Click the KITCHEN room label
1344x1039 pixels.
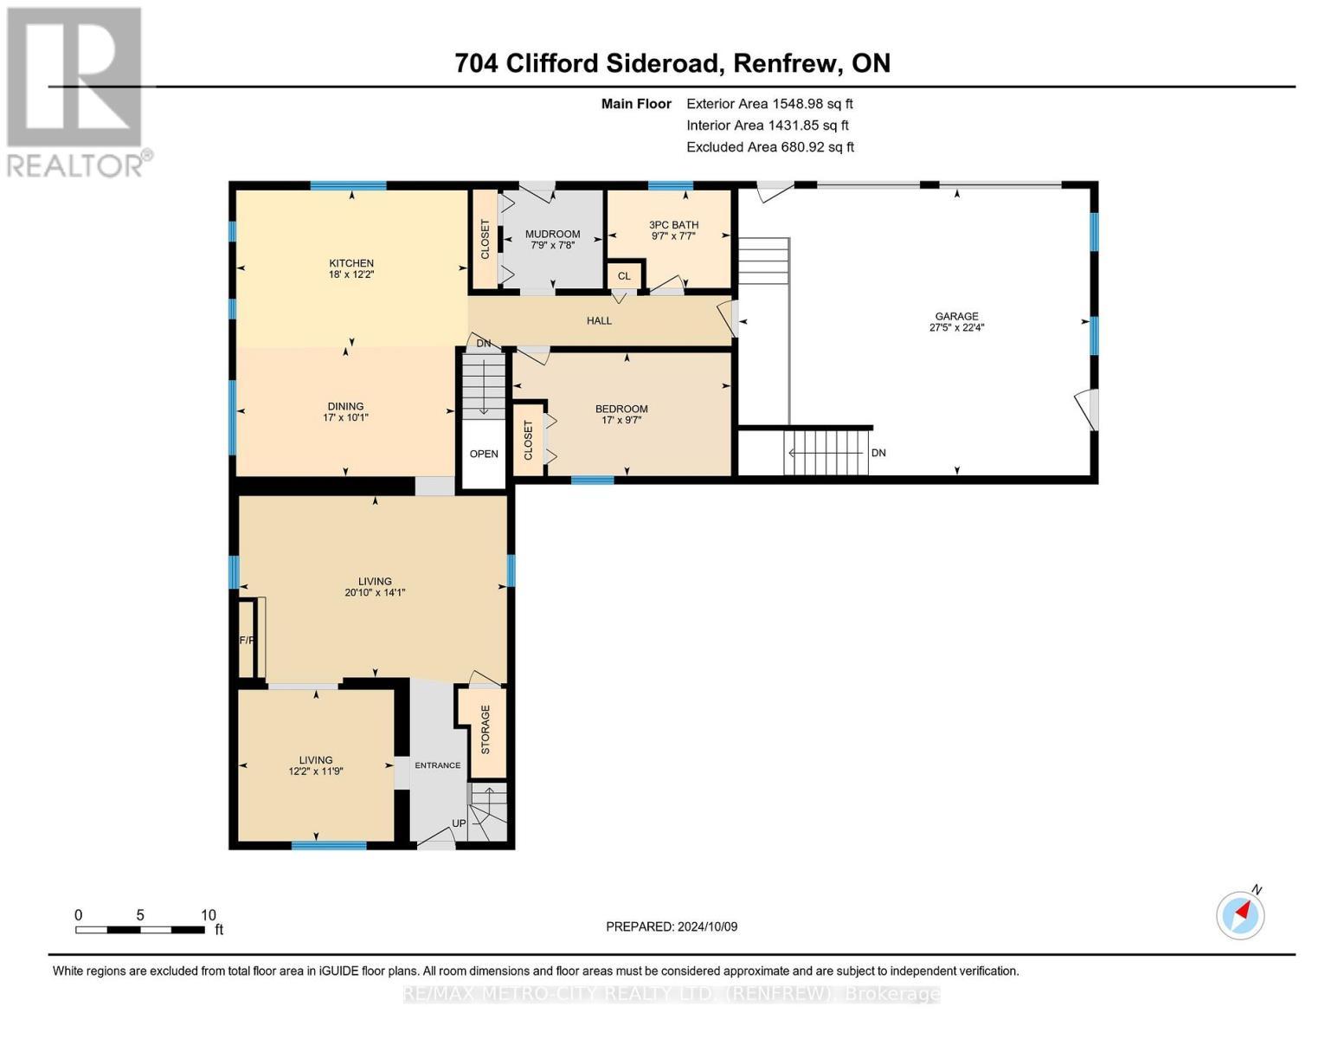click(350, 263)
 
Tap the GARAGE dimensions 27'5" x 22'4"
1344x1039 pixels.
click(956, 328)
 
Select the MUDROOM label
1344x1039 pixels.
click(552, 234)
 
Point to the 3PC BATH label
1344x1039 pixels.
click(673, 224)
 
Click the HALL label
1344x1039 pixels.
click(599, 320)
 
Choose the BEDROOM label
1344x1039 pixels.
click(621, 409)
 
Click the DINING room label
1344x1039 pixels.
click(345, 406)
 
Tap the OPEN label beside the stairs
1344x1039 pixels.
click(484, 454)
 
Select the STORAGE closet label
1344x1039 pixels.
click(486, 729)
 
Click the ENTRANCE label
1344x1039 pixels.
click(437, 765)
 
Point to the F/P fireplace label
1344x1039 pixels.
click(247, 641)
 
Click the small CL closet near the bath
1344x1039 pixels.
click(624, 276)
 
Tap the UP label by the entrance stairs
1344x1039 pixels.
click(458, 823)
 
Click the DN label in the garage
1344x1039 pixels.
click(878, 453)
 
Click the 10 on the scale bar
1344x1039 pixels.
click(208, 915)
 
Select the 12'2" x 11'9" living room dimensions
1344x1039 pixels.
click(316, 771)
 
